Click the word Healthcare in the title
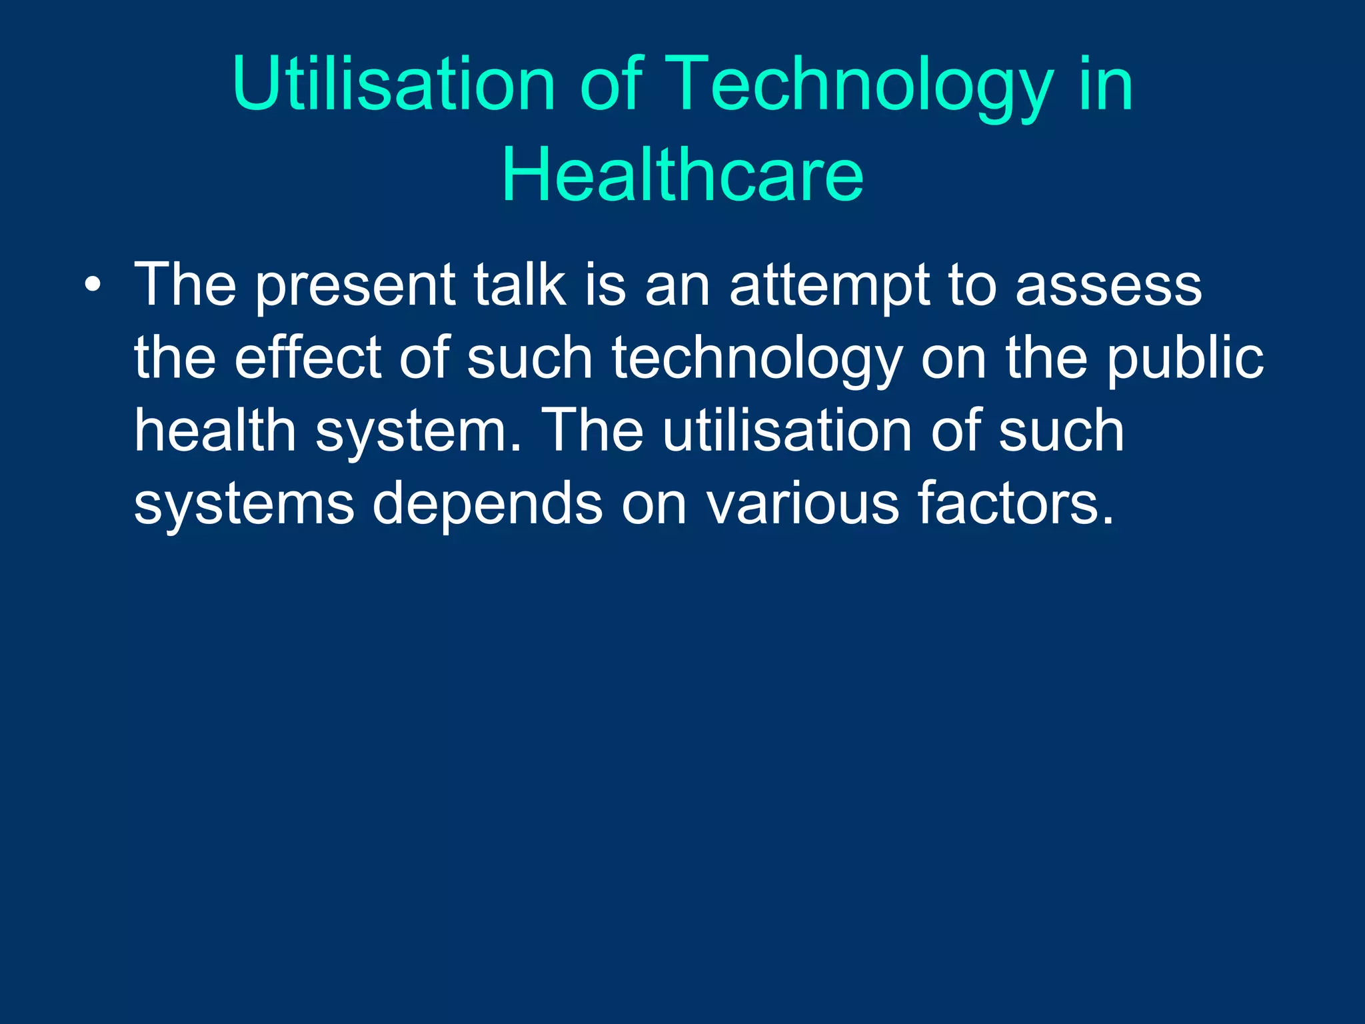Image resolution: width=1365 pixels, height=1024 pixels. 682,175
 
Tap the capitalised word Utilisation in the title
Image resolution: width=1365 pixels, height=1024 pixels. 393,85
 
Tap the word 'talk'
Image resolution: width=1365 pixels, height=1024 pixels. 519,285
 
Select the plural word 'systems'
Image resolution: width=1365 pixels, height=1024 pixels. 244,505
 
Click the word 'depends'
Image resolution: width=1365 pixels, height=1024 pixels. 487,505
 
